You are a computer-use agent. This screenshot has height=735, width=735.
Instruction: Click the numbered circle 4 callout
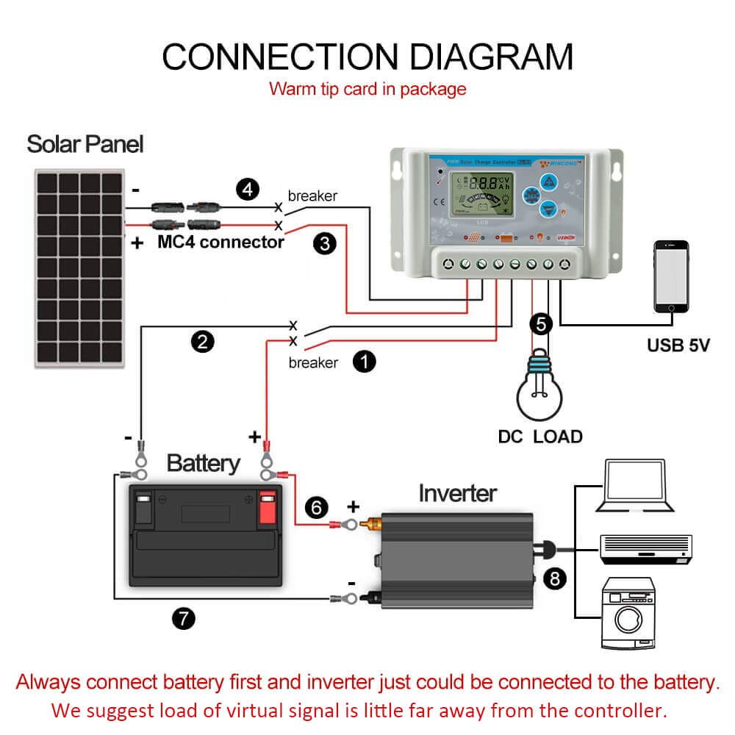click(x=249, y=190)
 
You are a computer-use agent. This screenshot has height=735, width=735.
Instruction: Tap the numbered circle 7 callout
click(x=184, y=619)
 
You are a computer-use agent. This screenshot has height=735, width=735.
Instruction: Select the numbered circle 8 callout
click(x=555, y=579)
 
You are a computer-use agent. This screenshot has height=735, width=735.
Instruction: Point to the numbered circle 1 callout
click(x=365, y=361)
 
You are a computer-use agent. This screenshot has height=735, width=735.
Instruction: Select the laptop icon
click(x=637, y=486)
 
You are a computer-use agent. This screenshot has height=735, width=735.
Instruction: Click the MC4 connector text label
click(x=220, y=242)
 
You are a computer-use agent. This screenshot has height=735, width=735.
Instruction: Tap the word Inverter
click(x=457, y=492)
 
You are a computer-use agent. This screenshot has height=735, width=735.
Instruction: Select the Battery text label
click(x=203, y=463)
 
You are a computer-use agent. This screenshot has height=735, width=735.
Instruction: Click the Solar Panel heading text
click(x=85, y=143)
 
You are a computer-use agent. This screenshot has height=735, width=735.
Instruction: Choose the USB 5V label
click(x=678, y=344)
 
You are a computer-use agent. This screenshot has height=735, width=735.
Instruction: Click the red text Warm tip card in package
click(x=367, y=89)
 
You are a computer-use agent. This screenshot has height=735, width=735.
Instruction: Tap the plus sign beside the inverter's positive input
click(x=354, y=506)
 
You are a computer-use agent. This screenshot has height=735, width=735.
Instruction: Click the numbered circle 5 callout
click(x=541, y=323)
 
